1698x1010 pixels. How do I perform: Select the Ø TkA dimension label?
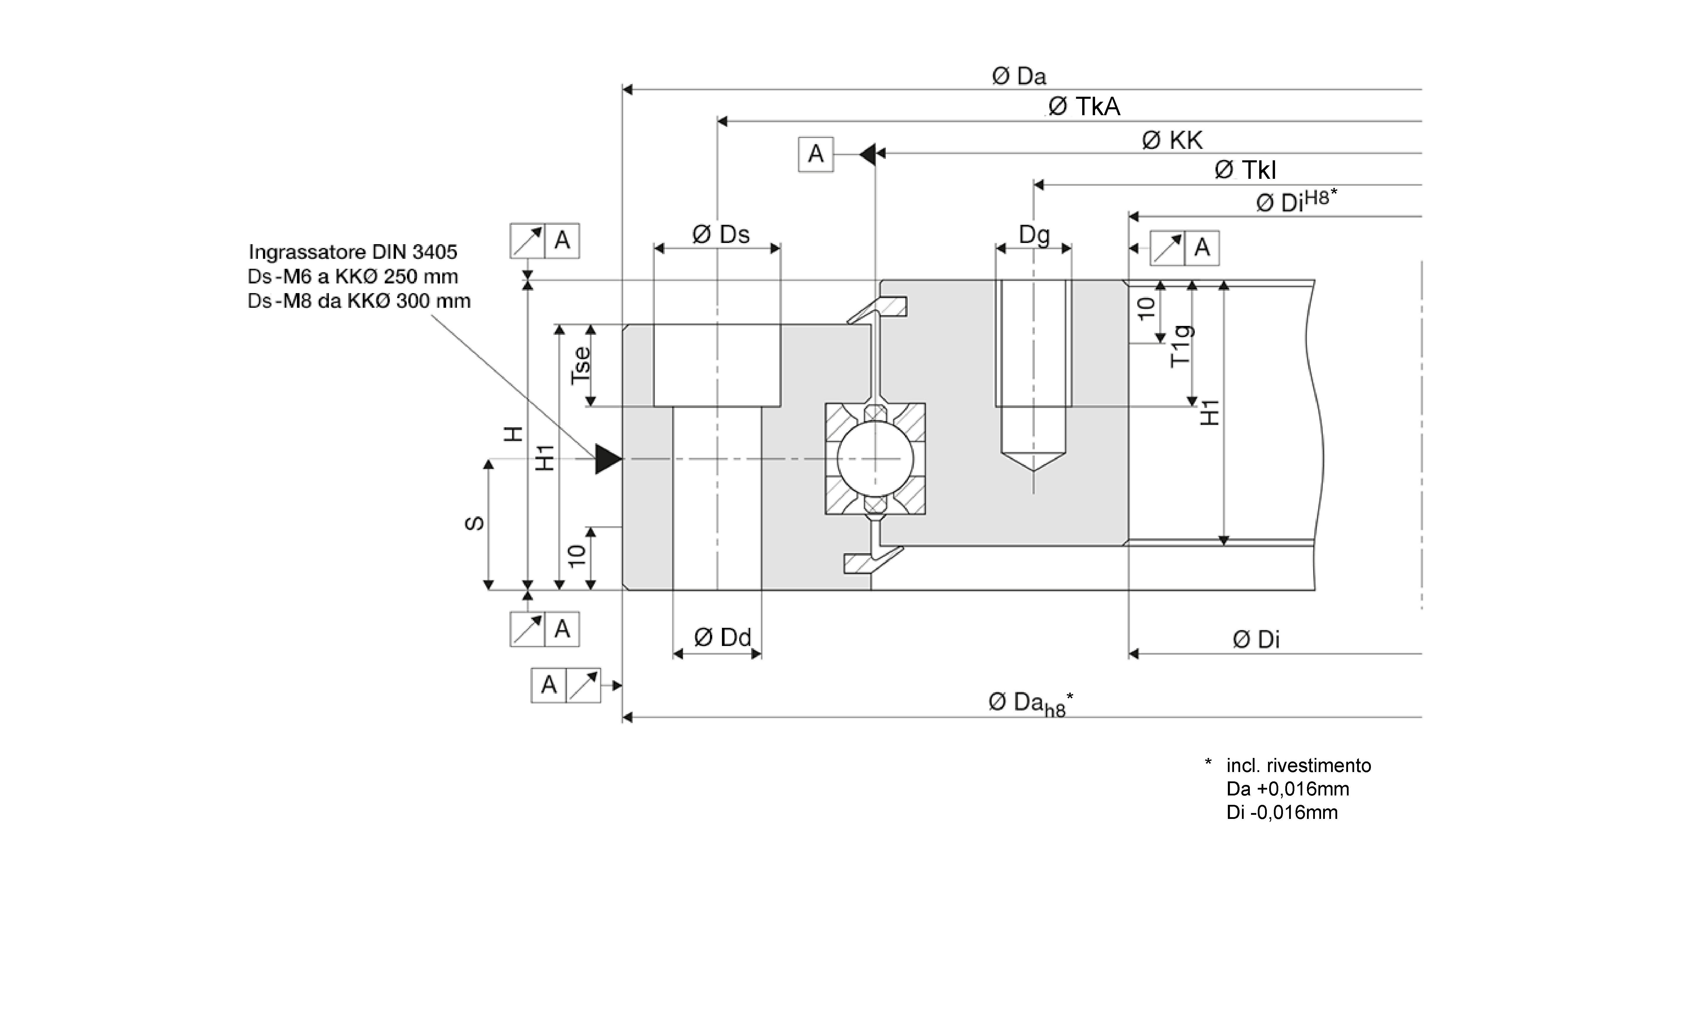pos(1083,107)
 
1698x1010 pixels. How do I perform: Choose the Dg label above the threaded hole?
pos(1034,235)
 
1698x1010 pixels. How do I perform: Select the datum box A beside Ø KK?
pos(815,154)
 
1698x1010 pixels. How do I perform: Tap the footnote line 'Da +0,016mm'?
pos(1287,789)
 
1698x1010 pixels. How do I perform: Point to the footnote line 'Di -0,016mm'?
pos(1281,812)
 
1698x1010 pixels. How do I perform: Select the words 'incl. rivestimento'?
pos(1298,766)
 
